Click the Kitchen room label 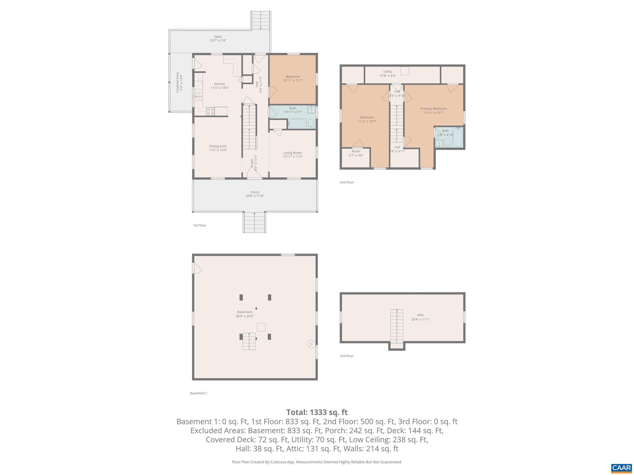point(219,84)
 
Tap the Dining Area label point(218,146)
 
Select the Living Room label point(293,153)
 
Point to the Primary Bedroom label point(433,109)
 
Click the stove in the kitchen point(211,111)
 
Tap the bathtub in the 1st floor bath point(297,124)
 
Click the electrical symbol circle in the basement point(311,344)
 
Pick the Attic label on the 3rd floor point(420,315)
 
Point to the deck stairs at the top point(261,20)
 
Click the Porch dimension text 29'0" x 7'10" point(255,196)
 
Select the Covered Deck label point(178,83)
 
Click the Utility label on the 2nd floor point(388,72)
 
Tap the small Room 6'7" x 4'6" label point(356,152)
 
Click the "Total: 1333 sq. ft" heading point(317,412)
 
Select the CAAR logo point(621,468)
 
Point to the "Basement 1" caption point(199,393)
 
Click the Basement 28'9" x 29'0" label point(245,312)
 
